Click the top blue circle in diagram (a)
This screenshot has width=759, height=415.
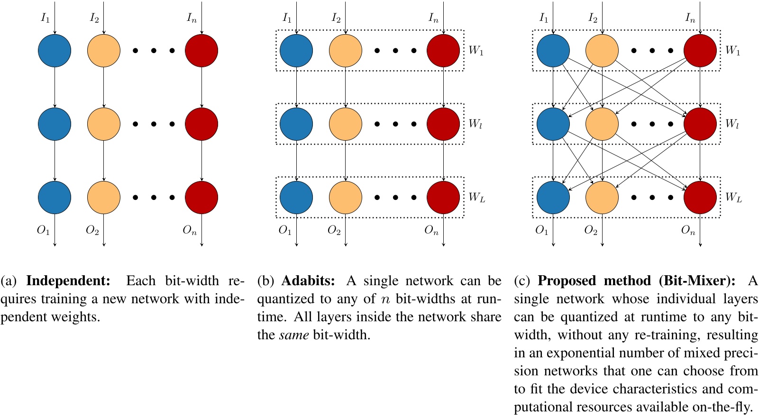tap(55, 50)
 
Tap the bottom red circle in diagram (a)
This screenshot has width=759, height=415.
tap(201, 197)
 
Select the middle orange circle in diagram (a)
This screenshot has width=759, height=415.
tap(104, 124)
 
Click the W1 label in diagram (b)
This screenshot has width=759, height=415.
tap(476, 50)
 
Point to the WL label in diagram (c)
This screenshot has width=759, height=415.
tap(733, 197)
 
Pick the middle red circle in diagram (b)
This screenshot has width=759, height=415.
tap(443, 124)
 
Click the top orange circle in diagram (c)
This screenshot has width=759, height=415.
tap(602, 50)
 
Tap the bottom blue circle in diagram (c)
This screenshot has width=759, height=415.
tap(553, 197)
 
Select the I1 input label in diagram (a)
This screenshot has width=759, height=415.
tap(45, 18)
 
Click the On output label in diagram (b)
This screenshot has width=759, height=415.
tap(431, 230)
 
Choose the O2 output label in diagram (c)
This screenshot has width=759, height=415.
tap(591, 230)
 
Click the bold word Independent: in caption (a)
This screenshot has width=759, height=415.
tap(68, 280)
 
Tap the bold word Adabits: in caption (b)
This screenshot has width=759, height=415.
tap(308, 280)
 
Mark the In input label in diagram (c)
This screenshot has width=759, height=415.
tap(690, 18)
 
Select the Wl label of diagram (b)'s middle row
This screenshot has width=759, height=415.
tap(475, 124)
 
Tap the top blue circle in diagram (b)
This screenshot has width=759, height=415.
tap(296, 50)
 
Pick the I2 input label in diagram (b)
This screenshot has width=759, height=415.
tap(336, 18)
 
